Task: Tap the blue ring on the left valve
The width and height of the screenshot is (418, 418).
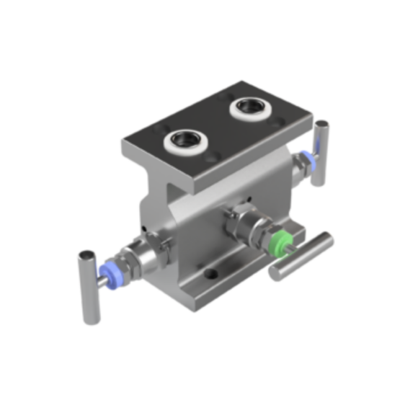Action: [x=109, y=270]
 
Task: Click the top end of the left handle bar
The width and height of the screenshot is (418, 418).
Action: [x=86, y=256]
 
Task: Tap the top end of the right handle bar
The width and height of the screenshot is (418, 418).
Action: [x=321, y=125]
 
